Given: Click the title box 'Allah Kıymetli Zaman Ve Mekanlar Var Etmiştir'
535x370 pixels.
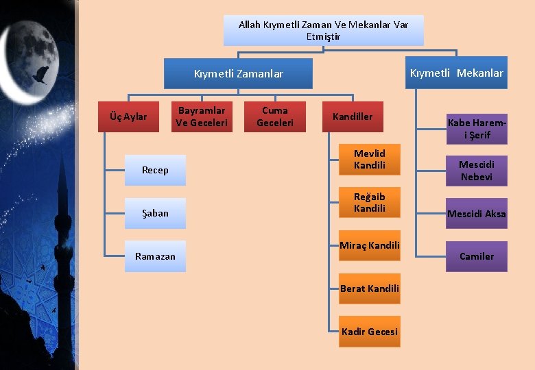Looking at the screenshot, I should coord(323,30).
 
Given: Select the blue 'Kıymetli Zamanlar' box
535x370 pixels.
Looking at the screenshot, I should coord(238,74).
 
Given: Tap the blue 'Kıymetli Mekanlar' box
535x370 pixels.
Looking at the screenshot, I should coord(456,73).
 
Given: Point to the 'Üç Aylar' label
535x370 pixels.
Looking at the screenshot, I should coord(128,116).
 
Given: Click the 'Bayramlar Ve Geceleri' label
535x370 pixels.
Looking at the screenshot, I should coord(201,116).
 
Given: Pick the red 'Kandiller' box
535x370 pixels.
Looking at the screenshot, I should coord(353,116).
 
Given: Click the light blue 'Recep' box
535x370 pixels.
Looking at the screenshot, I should coord(155,170).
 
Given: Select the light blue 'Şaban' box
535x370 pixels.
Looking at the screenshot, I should coord(155,213).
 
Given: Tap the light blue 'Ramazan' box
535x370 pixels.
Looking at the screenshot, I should coord(155,256).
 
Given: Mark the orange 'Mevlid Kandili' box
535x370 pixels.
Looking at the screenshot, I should coord(370,160).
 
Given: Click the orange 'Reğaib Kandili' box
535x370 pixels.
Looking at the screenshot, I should coord(370,203).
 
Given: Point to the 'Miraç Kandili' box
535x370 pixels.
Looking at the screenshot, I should coord(370,245).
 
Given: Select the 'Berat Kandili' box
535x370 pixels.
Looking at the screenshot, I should coord(370,288).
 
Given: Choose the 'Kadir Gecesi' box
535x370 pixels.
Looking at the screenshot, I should coord(370,332).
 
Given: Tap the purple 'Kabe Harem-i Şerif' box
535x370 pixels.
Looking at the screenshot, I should coord(477,129).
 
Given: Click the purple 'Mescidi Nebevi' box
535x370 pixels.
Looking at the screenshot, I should coord(477,171).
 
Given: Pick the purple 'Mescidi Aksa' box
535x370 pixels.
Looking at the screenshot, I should coord(477,214).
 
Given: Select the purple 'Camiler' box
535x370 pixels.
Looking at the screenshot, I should coord(477,256).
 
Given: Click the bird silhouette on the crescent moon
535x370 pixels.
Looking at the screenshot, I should coord(41,74).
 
